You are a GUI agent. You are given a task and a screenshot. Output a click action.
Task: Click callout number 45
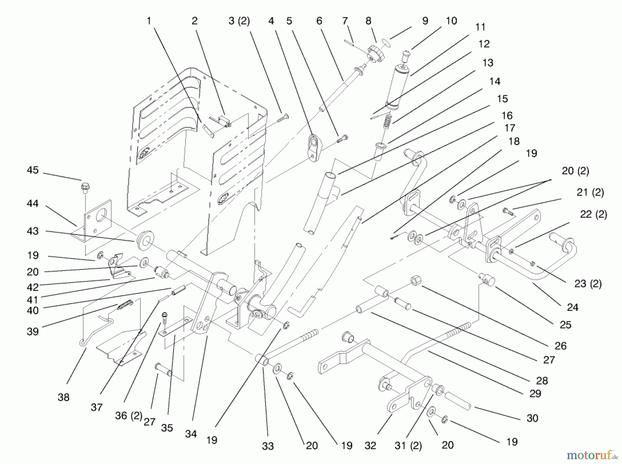point(33,170)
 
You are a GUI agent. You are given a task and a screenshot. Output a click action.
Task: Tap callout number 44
point(33,203)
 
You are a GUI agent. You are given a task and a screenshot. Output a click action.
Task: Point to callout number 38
point(64,397)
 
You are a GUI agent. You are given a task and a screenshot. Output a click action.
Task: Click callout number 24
point(573,307)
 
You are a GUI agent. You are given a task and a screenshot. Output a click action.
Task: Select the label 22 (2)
point(593,214)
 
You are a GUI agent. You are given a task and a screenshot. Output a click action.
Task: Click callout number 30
point(533,418)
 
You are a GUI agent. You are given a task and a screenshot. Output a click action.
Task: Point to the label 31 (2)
point(408,446)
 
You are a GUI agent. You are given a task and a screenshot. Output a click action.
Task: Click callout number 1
point(149,21)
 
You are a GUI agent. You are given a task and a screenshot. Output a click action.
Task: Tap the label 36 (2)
point(129,416)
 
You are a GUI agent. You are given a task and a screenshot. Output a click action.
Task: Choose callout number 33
point(268,446)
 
